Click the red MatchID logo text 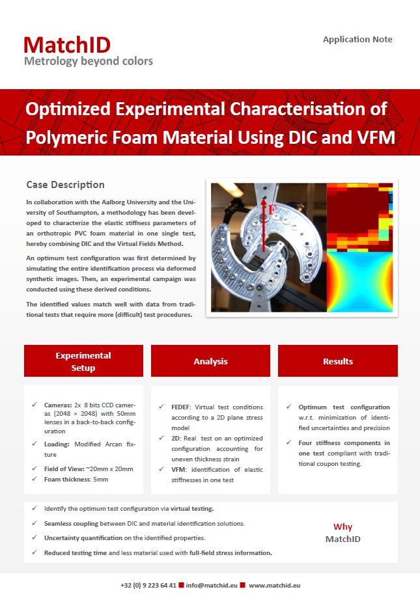(x=67, y=45)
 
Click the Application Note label (x=357, y=39)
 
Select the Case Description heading (x=65, y=185)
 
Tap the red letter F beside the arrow (x=272, y=210)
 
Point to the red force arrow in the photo (x=264, y=224)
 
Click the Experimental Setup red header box (x=83, y=360)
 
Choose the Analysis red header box (x=210, y=360)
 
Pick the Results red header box (x=337, y=360)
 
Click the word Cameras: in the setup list (x=58, y=405)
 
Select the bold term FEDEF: (x=181, y=407)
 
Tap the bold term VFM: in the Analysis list (x=179, y=469)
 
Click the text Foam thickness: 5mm (x=76, y=480)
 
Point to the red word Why (x=343, y=526)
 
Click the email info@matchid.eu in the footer (x=212, y=586)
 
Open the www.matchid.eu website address (x=275, y=586)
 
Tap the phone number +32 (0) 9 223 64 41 (x=148, y=586)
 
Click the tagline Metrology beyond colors (x=89, y=61)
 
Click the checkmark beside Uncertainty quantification (x=35, y=537)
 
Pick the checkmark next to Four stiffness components (x=288, y=442)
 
